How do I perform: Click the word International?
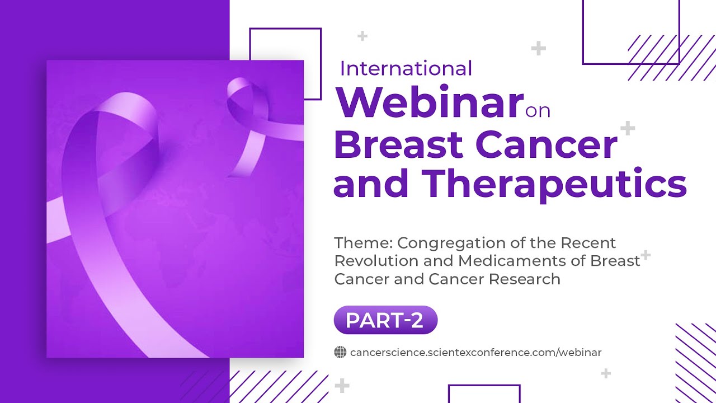pyautogui.click(x=406, y=68)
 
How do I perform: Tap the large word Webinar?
pyautogui.click(x=428, y=102)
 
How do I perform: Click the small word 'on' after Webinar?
pyautogui.click(x=538, y=110)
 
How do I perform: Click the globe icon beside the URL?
pyautogui.click(x=340, y=352)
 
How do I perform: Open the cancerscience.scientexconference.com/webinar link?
pyautogui.click(x=475, y=353)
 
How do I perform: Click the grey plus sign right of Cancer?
pyautogui.click(x=628, y=129)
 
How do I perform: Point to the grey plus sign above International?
pyautogui.click(x=362, y=36)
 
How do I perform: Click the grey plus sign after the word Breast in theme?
pyautogui.click(x=646, y=255)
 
